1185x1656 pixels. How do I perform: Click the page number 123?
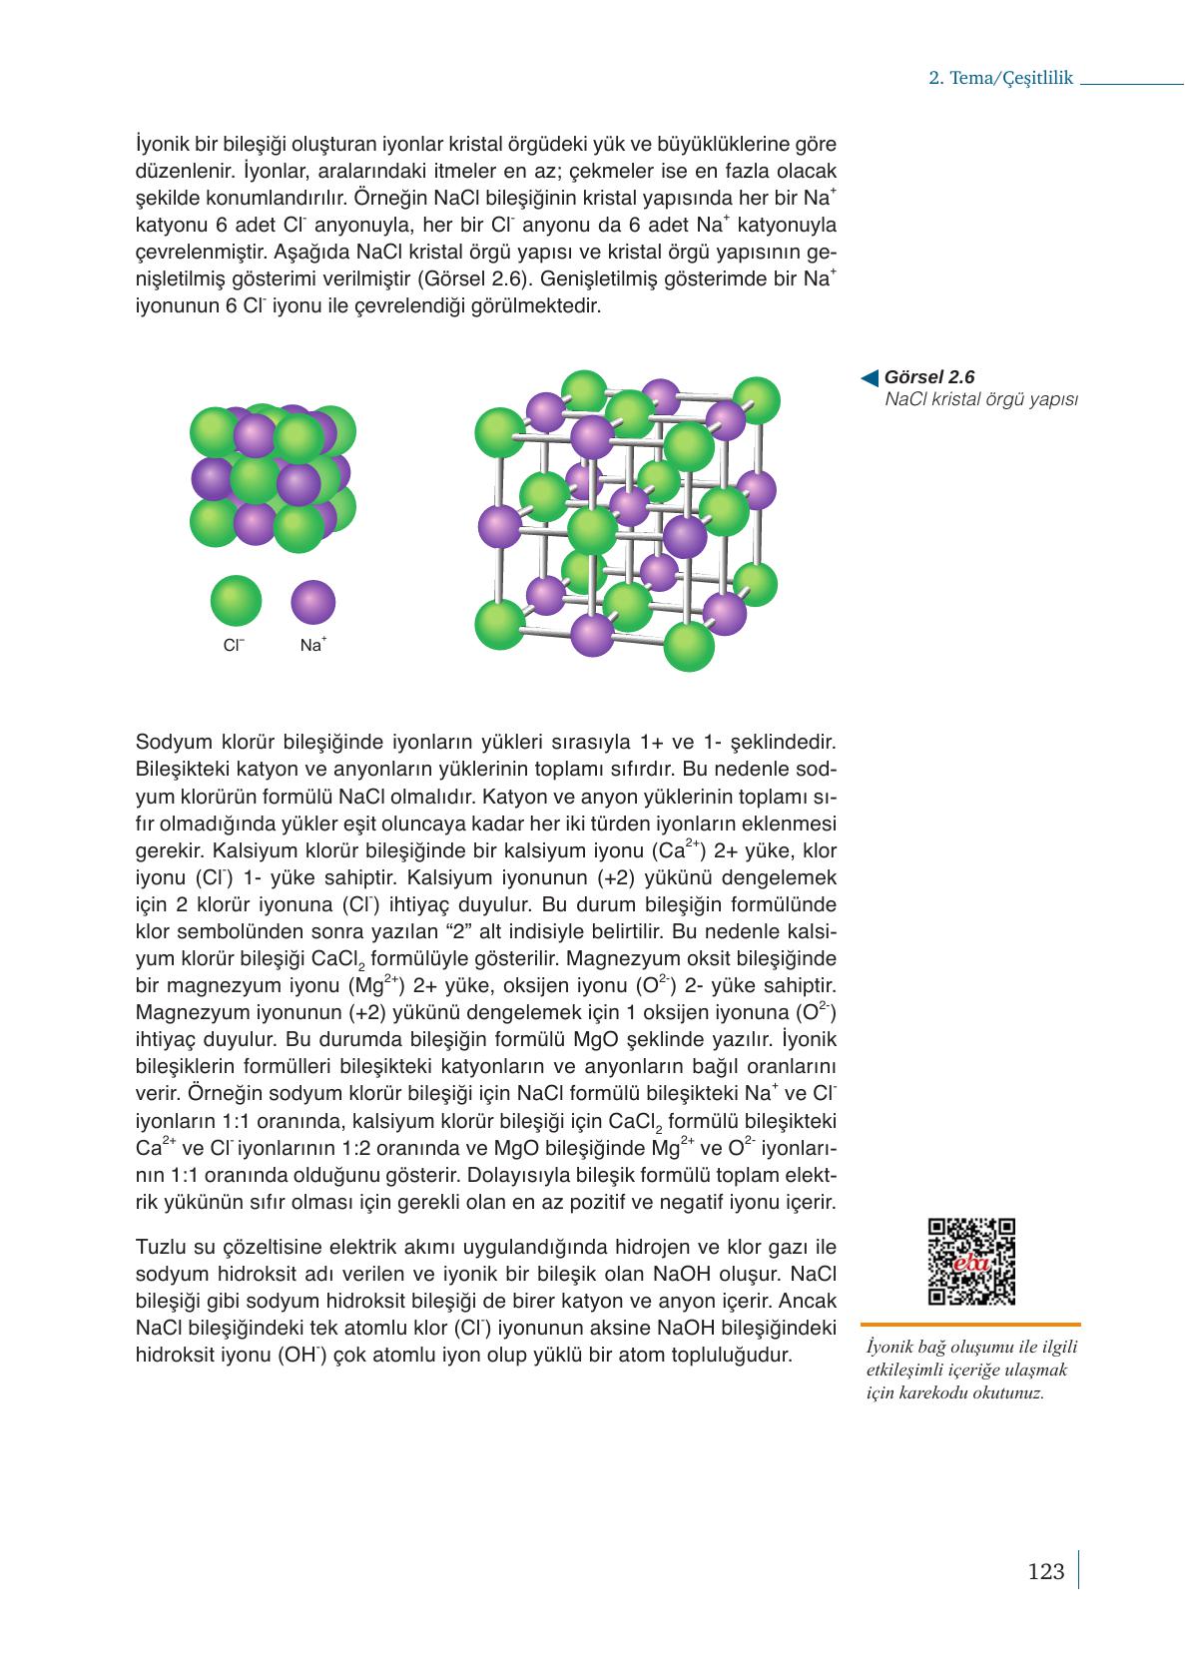[x=1045, y=1572]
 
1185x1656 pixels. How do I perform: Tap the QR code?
[x=970, y=1261]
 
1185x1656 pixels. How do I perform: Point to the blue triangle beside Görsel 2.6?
[x=870, y=377]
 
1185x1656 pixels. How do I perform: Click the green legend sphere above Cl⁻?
[x=236, y=601]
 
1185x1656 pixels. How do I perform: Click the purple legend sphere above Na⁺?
[x=312, y=602]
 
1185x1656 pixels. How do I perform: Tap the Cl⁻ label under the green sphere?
[x=234, y=646]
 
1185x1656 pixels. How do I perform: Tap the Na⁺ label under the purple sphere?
[x=312, y=645]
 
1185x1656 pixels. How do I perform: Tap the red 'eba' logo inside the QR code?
[x=970, y=1263]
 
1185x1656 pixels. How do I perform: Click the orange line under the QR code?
[x=969, y=1324]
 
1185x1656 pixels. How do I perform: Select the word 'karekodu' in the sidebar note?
[x=950, y=1393]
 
